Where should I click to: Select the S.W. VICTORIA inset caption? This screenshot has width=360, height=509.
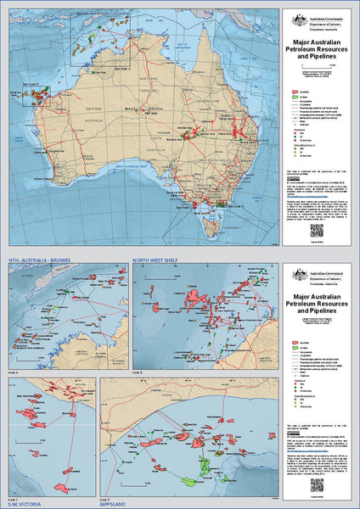click(x=25, y=504)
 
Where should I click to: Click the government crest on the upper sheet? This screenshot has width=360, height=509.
click(x=297, y=20)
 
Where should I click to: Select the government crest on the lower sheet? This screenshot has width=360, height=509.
click(x=297, y=275)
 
